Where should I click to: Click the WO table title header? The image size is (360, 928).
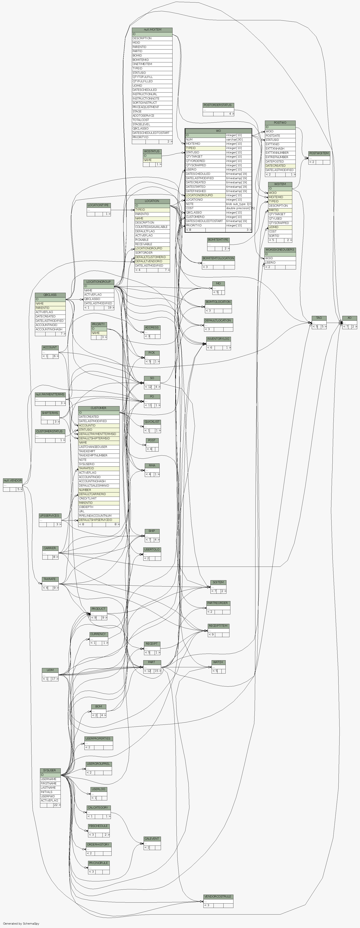click(x=218, y=131)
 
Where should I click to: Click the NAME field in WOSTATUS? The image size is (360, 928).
click(x=148, y=160)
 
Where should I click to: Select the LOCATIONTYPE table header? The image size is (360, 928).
click(x=98, y=205)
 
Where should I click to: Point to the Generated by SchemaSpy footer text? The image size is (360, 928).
click(x=21, y=924)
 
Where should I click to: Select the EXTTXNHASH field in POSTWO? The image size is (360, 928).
click(x=275, y=148)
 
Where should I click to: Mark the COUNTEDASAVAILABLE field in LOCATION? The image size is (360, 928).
click(x=151, y=227)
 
